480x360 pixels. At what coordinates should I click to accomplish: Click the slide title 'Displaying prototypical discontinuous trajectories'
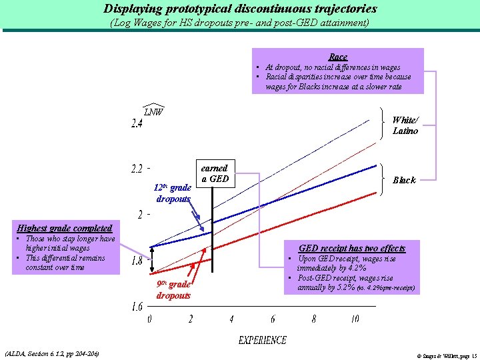[x=240, y=9]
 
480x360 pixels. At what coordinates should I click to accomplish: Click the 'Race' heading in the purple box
[x=338, y=57]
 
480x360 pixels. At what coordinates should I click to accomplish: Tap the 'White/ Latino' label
[x=405, y=125]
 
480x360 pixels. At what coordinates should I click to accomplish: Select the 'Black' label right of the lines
[x=404, y=180]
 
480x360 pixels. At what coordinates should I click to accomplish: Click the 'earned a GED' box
[x=214, y=173]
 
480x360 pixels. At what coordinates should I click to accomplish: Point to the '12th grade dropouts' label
[x=173, y=193]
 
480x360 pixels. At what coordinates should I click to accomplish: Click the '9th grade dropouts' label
[x=173, y=289]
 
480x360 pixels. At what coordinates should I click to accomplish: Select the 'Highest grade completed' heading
[x=65, y=228]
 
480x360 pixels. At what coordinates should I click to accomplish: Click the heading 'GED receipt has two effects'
[x=351, y=248]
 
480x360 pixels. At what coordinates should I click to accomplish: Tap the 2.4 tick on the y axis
[x=137, y=125]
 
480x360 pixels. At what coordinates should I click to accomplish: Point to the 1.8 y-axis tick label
[x=136, y=261]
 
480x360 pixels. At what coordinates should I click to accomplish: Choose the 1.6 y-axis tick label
[x=136, y=307]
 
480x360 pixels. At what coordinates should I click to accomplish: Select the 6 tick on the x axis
[x=273, y=319]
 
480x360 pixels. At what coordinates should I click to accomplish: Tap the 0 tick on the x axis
[x=149, y=319]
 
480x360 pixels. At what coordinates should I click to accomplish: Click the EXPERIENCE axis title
[x=263, y=341]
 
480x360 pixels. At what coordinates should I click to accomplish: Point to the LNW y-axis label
[x=153, y=111]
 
